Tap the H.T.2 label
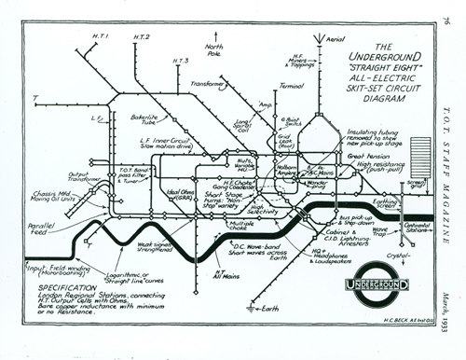tap(142, 36)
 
